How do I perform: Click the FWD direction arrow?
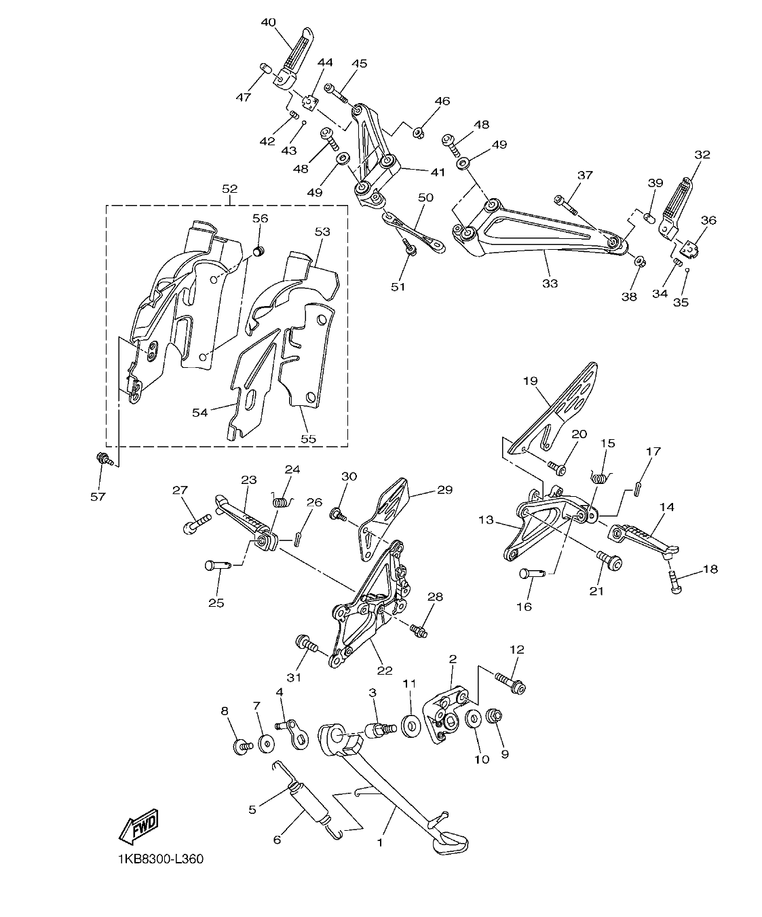(138, 826)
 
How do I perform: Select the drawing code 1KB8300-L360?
(159, 859)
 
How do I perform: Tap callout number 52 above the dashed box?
(229, 188)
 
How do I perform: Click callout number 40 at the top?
(269, 22)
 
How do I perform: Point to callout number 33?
(550, 283)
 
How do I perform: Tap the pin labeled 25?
(218, 563)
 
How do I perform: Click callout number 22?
(385, 670)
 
